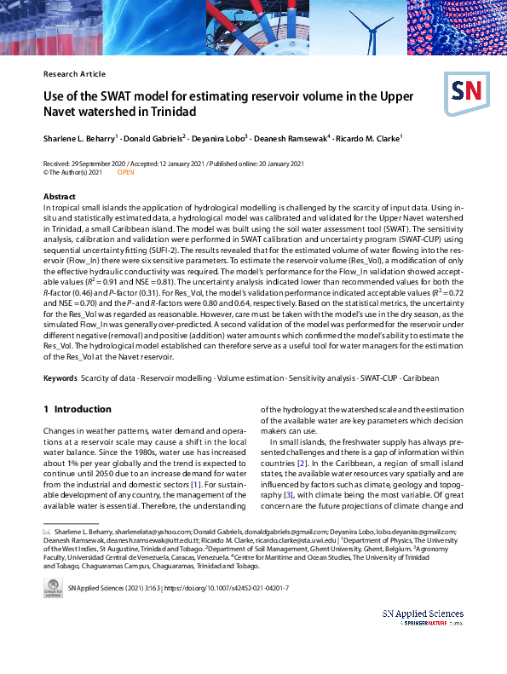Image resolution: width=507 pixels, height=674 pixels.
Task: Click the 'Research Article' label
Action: click(74, 74)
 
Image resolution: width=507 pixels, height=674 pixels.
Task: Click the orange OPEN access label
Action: click(125, 172)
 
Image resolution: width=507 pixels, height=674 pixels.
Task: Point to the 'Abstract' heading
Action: click(59, 197)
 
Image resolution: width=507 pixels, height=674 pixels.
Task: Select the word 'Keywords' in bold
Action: click(60, 377)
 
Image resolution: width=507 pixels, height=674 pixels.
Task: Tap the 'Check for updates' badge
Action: click(53, 587)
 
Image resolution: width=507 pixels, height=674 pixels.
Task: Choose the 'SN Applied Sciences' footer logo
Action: click(423, 618)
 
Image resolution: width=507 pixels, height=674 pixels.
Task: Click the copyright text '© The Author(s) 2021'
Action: click(72, 172)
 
